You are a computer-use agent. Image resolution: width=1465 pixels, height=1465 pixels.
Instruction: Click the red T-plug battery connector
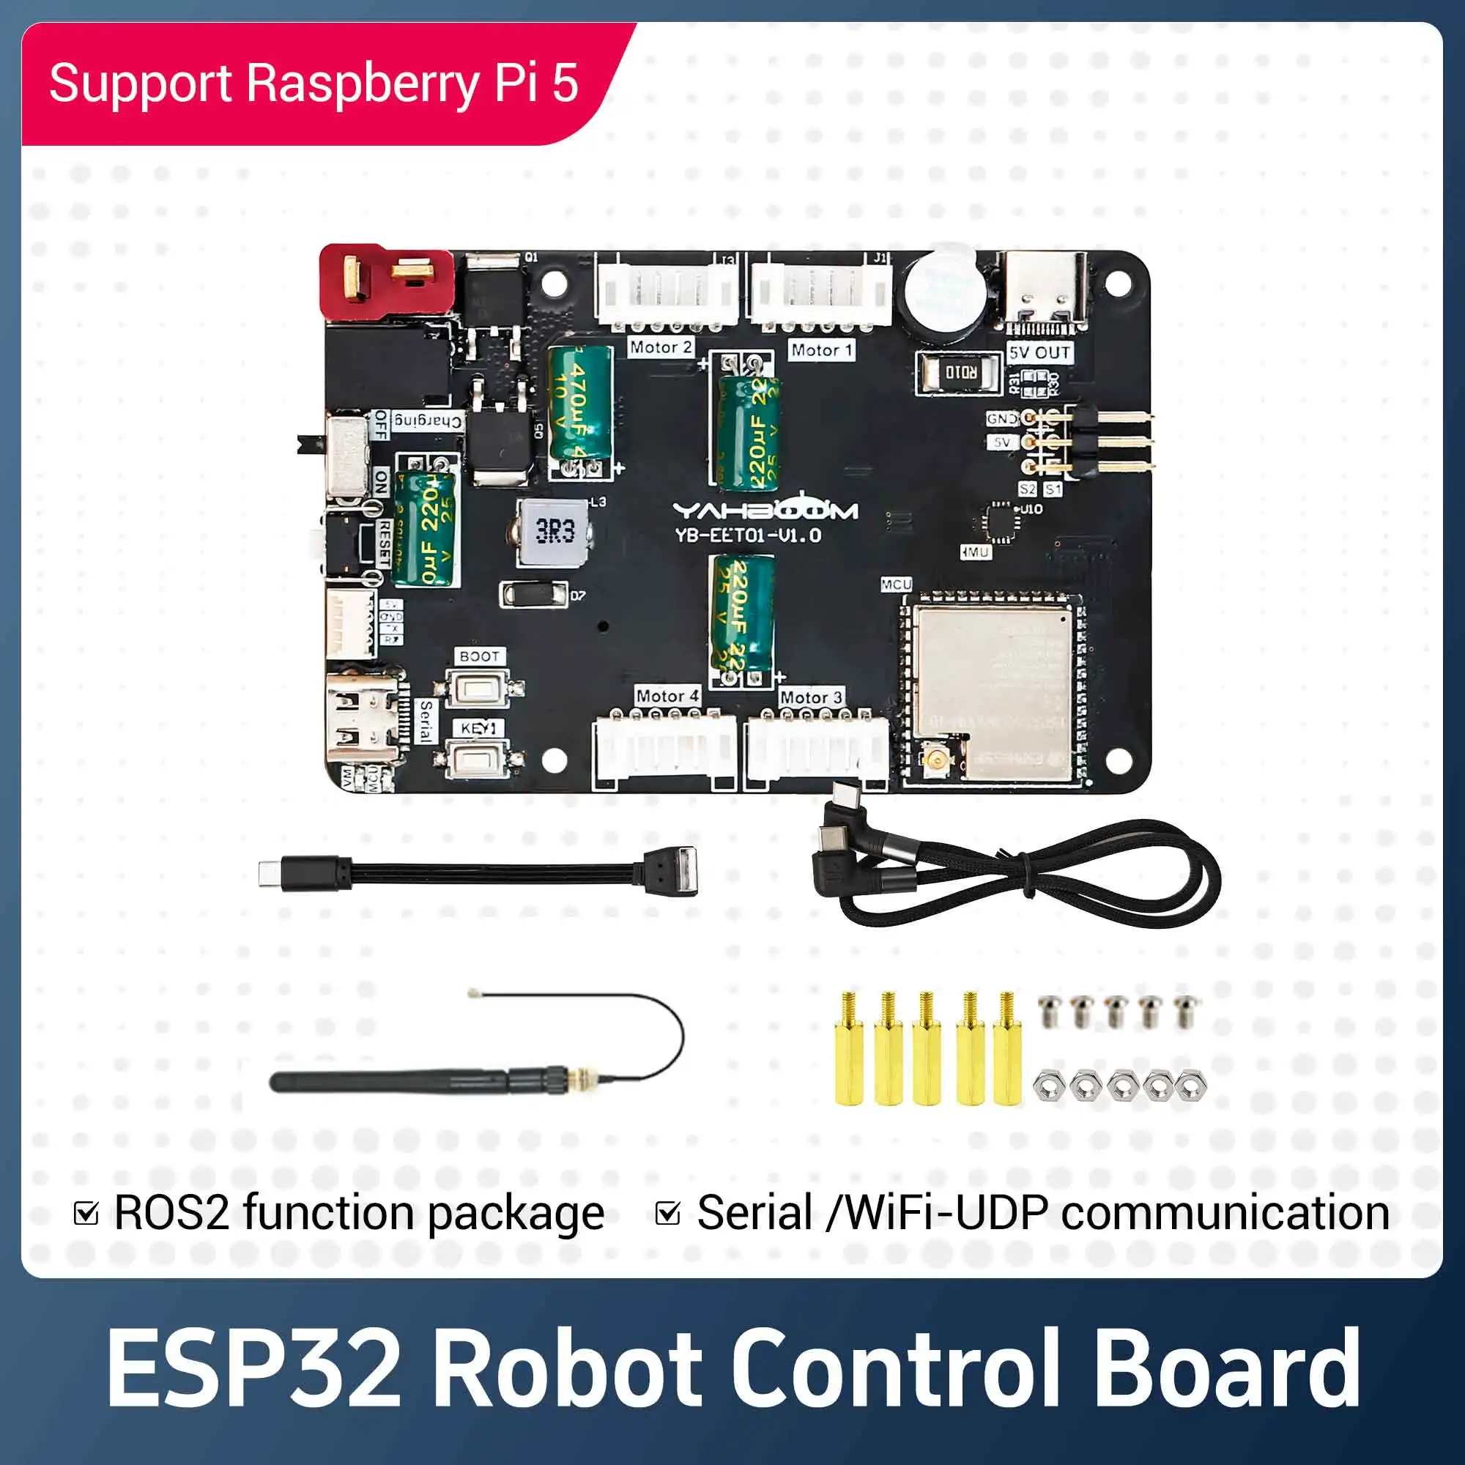385,281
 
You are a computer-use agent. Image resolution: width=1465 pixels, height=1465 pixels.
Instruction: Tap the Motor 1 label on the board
821,350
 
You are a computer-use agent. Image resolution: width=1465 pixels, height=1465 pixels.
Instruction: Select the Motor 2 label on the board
661,347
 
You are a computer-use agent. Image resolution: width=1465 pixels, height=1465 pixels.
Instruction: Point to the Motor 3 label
811,697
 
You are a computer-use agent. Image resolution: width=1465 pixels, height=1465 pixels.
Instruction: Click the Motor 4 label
667,695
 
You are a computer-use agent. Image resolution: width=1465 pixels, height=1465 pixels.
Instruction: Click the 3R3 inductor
555,533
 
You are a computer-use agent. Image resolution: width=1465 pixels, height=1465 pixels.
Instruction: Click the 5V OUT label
1039,352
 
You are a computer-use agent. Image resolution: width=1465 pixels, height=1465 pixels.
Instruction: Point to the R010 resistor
960,372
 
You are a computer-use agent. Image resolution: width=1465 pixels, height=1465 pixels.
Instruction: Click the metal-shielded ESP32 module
993,690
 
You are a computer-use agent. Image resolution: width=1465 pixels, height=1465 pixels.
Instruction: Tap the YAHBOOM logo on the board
765,511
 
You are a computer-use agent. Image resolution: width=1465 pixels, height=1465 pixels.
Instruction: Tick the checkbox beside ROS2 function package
86,1214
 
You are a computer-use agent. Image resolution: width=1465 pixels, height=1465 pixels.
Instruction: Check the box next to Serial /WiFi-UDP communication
667,1214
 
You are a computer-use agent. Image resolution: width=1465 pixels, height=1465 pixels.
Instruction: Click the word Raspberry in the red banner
362,84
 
